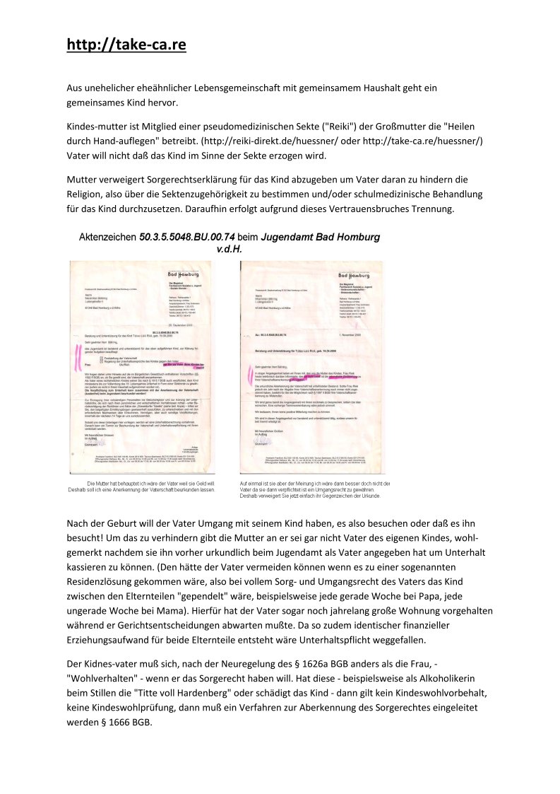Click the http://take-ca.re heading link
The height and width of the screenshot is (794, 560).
[x=126, y=45]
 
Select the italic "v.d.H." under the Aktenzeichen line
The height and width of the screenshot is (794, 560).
[x=229, y=249]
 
